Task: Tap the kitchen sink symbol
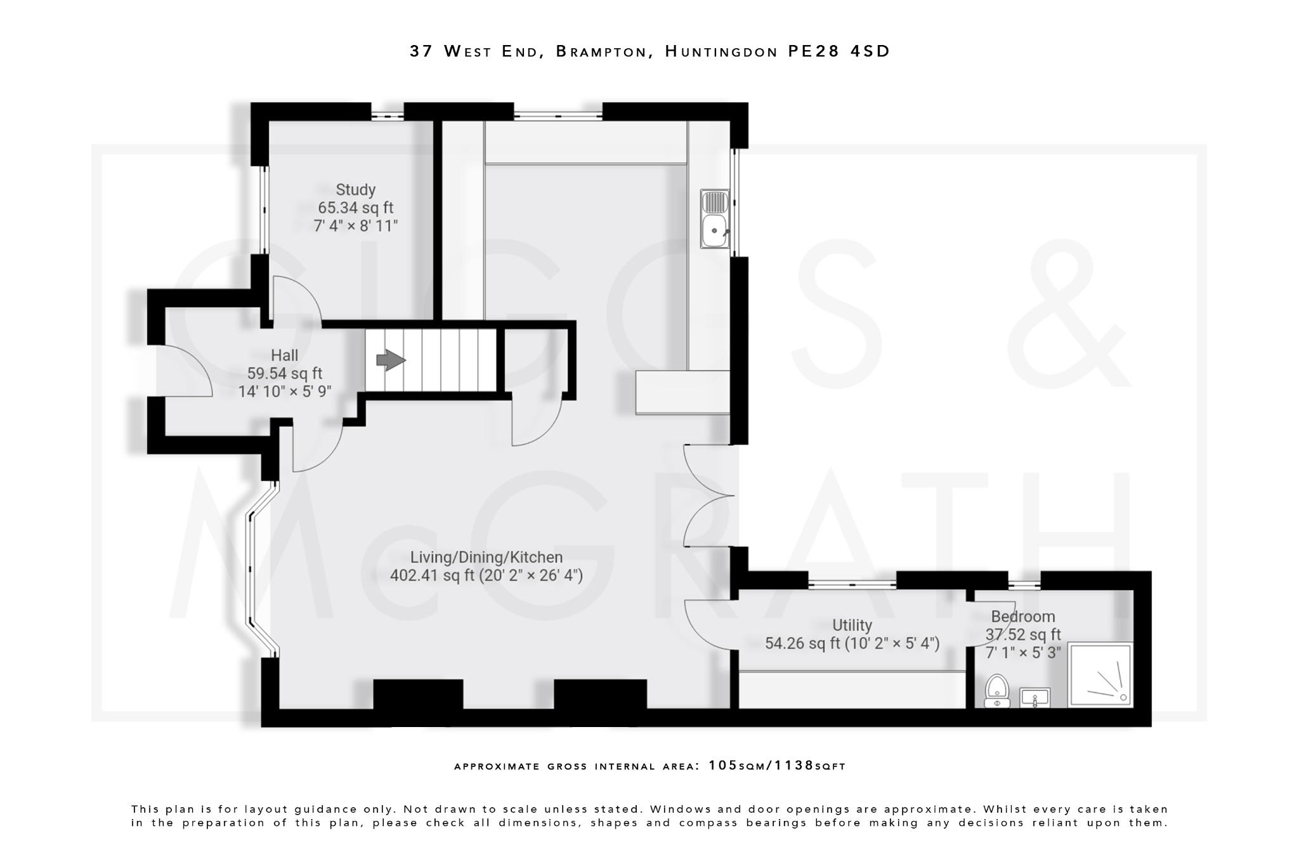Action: [715, 219]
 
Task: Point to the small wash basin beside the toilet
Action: [1035, 698]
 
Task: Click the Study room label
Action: [355, 190]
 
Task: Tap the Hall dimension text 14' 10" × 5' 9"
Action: [285, 391]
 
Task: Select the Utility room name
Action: [852, 626]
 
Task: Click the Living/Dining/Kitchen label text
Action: [486, 558]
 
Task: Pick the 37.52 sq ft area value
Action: [1022, 634]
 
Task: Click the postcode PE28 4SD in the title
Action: [839, 51]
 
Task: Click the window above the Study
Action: [387, 115]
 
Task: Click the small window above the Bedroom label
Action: [1024, 585]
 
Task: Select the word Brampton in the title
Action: [604, 51]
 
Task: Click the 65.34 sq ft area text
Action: [355, 207]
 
